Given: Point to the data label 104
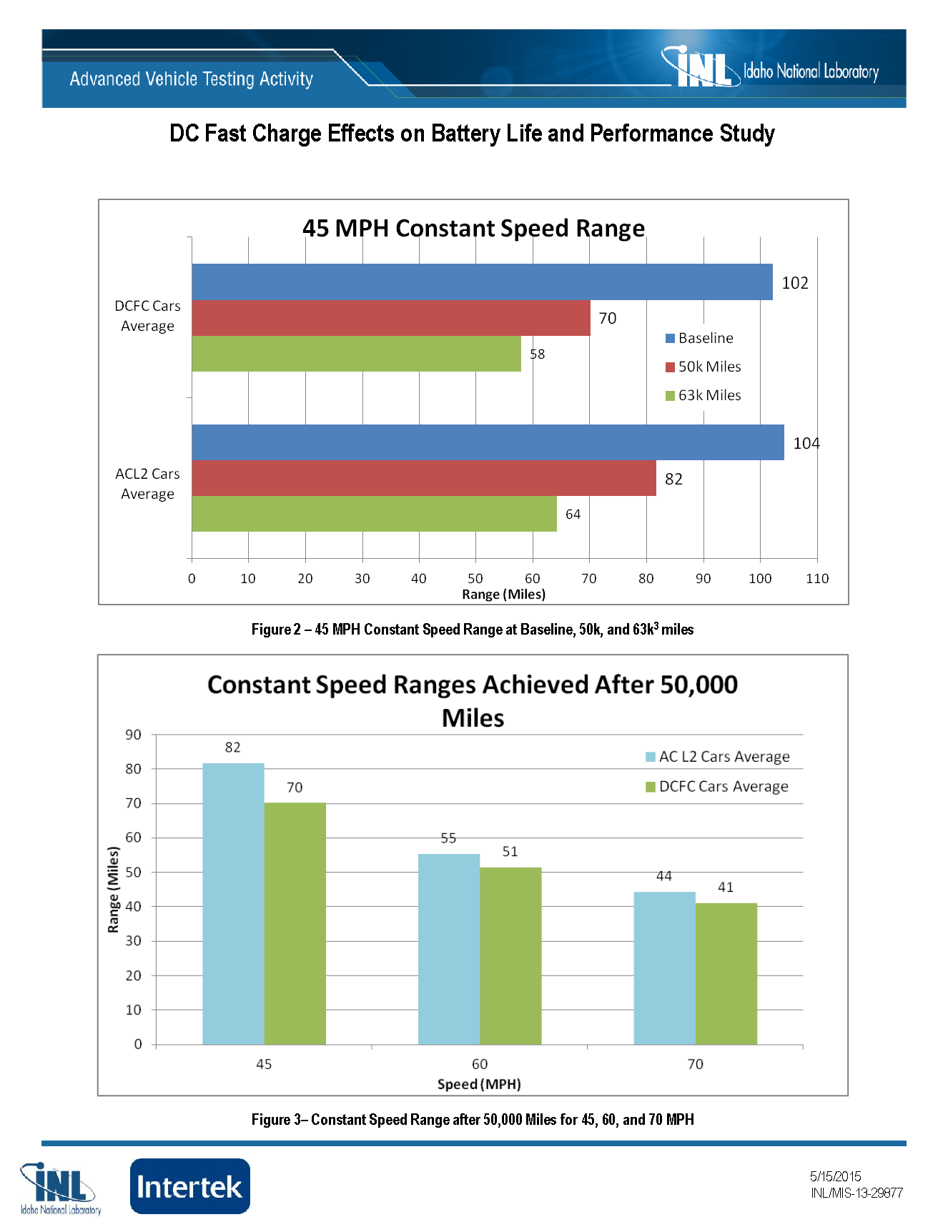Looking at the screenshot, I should (x=806, y=443).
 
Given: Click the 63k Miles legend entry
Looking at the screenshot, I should (x=703, y=395).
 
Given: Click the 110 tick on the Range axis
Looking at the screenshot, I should (x=817, y=578).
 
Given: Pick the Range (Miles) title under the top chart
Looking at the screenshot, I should (x=503, y=594).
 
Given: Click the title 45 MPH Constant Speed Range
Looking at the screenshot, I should (x=473, y=228).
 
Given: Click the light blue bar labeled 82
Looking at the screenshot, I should (x=233, y=903).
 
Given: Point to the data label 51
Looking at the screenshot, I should (x=510, y=851).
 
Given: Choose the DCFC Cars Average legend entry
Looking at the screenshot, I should (x=717, y=786).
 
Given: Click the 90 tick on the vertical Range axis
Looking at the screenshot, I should (x=134, y=735).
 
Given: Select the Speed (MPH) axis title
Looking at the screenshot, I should (x=479, y=1084).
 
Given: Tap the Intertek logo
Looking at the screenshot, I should (x=189, y=1186).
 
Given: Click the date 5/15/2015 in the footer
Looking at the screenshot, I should (x=835, y=1176).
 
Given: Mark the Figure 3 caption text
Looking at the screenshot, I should (x=473, y=1119).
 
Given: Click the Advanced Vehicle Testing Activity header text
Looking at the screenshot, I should (x=192, y=79).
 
